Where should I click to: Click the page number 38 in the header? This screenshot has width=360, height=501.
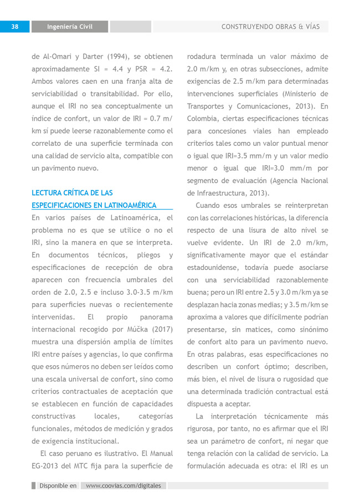point(15,27)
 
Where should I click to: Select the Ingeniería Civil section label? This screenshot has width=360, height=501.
point(69,27)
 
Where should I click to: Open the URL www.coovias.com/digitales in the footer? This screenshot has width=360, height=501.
point(124,485)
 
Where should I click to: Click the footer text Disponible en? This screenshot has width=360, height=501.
point(58,485)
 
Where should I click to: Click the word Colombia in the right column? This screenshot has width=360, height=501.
point(204,119)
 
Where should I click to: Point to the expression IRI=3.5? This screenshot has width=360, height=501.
point(250,156)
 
